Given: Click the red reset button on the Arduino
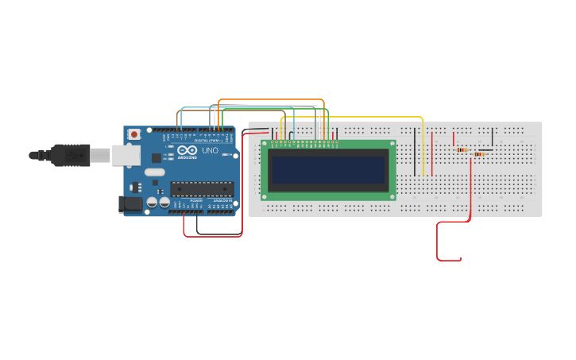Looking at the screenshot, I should (133, 134).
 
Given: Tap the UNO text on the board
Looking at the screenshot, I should (210, 150).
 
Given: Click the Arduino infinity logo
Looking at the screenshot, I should (187, 150).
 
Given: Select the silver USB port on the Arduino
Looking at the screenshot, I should (126, 155).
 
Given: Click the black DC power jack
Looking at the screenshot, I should (130, 204).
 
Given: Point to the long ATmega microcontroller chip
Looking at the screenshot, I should (202, 189).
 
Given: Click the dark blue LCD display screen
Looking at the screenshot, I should (327, 169).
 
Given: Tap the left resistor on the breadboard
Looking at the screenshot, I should (461, 149).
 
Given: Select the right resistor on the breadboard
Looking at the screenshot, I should (478, 154).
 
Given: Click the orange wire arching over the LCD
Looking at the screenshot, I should (270, 100).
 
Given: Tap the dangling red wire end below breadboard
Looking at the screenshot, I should (459, 259).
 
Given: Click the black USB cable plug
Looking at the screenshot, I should (72, 155).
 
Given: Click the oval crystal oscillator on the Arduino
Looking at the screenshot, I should (155, 172).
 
